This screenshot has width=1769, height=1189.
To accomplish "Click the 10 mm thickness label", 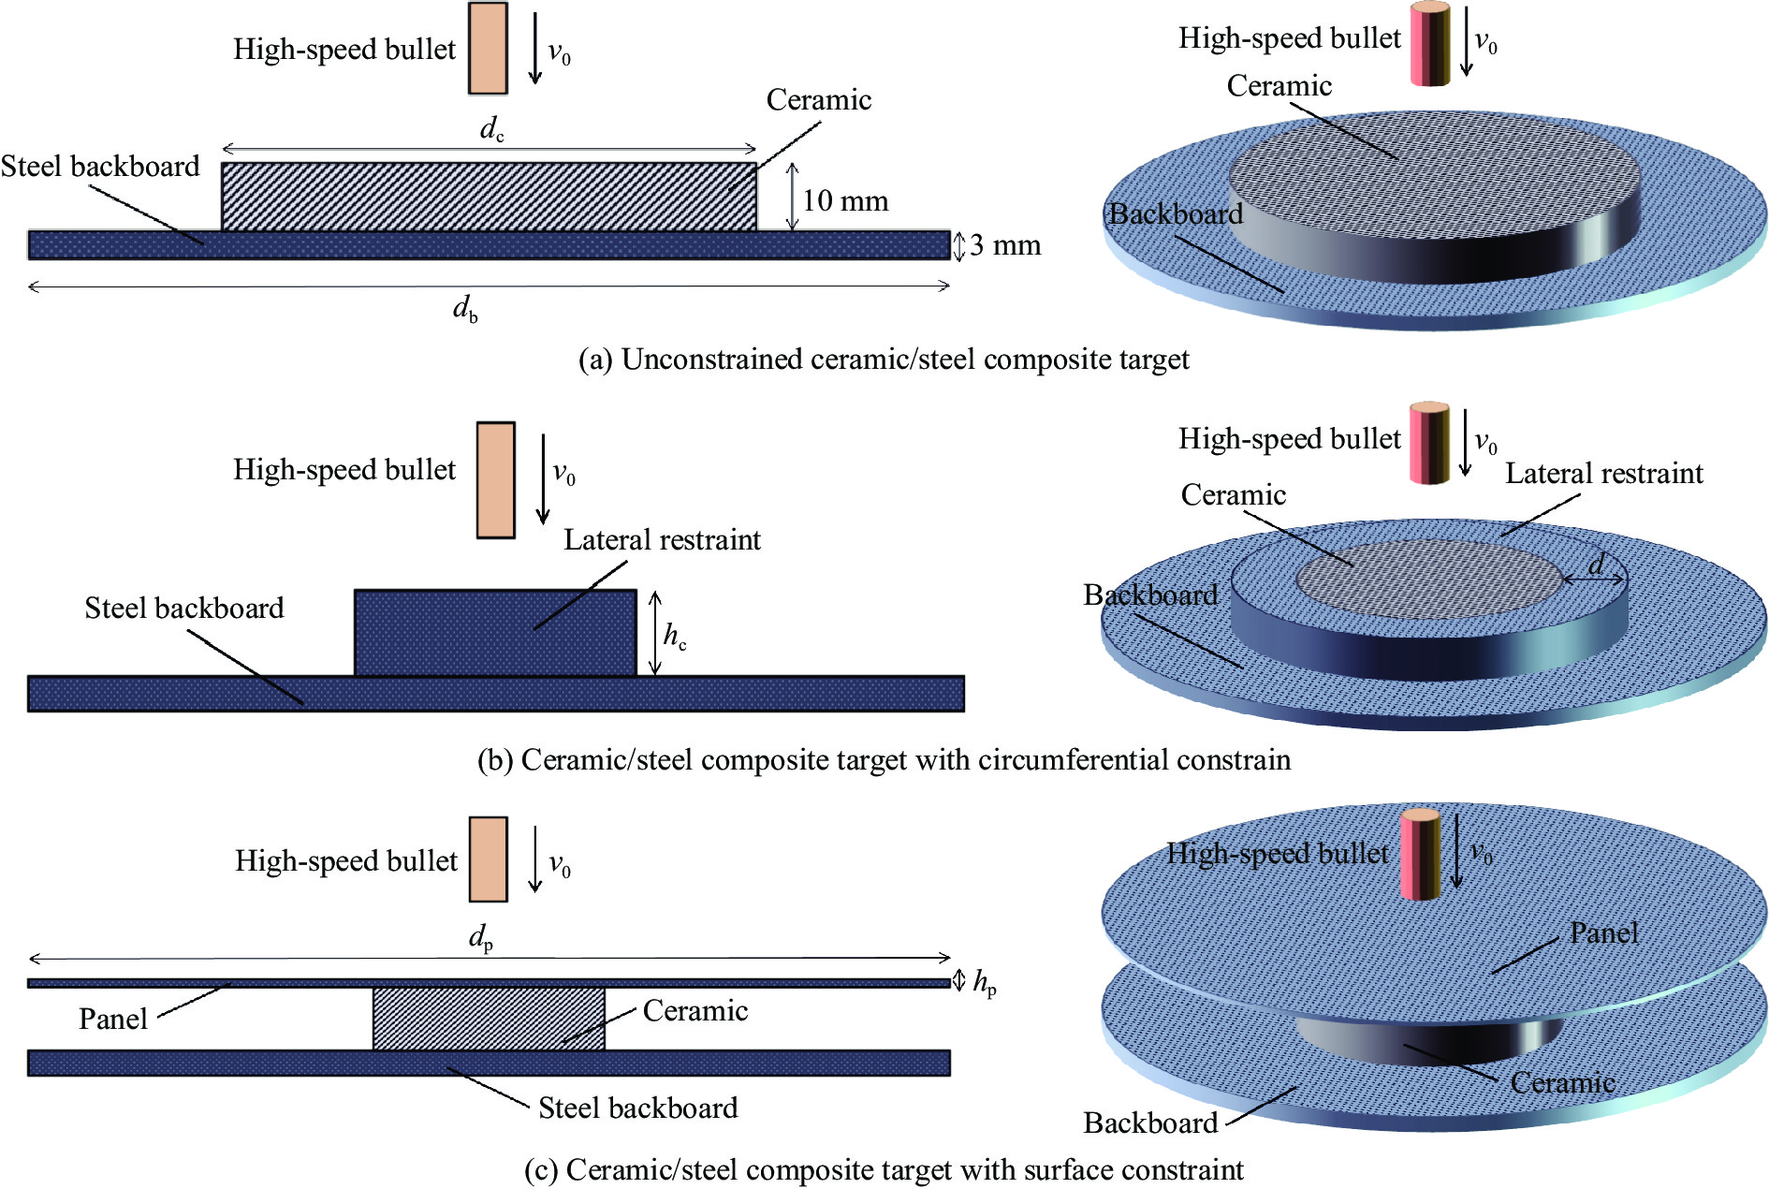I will (844, 200).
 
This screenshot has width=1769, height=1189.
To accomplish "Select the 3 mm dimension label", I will (1004, 245).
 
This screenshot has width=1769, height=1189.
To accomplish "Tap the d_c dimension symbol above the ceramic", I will (491, 128).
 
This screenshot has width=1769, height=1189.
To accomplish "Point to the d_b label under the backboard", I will (465, 307).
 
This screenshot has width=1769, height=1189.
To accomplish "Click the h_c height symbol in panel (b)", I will (675, 636).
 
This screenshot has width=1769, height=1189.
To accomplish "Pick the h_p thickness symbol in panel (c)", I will (985, 982).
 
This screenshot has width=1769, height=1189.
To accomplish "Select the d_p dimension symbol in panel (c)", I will (481, 936).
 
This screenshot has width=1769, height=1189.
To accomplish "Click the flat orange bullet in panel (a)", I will (488, 49).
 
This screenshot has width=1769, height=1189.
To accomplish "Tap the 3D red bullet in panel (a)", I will (1430, 44).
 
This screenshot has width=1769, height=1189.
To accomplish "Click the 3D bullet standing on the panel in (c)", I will (1420, 854).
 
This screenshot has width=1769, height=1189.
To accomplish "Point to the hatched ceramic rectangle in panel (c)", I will (489, 1019).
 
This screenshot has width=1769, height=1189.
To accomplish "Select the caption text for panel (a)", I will (884, 360).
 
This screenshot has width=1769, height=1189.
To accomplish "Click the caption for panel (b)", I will (884, 759).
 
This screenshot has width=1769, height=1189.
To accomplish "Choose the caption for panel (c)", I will (884, 1169).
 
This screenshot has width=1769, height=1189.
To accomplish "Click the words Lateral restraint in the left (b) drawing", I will (662, 540).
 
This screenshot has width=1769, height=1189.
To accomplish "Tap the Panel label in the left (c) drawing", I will (112, 1019).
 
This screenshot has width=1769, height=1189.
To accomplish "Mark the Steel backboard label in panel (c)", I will (637, 1108).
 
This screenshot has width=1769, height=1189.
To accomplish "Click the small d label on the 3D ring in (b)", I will (1596, 564).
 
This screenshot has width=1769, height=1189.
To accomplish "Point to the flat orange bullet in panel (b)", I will (495, 480).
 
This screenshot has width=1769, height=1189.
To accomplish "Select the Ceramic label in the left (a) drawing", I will (818, 100).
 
